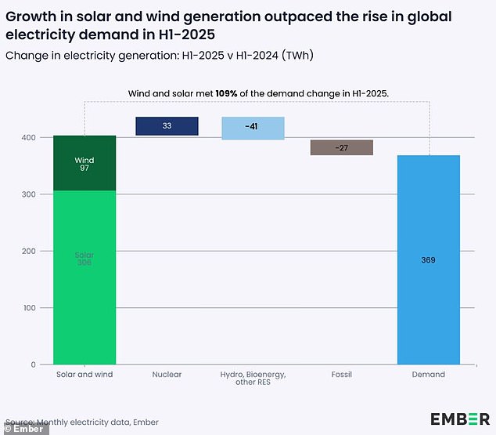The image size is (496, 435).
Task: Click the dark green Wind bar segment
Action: click(84, 163)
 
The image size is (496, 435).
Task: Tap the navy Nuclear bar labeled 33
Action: click(167, 126)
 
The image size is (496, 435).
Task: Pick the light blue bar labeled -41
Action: click(253, 128)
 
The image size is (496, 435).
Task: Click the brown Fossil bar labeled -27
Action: click(341, 147)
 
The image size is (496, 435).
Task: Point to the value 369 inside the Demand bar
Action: click(429, 259)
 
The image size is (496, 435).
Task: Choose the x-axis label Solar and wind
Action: click(84, 375)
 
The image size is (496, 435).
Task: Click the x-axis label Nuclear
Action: click(167, 375)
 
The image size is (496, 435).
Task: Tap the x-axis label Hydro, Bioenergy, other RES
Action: click(253, 379)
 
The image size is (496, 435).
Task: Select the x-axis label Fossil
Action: click(341, 375)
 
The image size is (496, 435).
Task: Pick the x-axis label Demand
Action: click(429, 375)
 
